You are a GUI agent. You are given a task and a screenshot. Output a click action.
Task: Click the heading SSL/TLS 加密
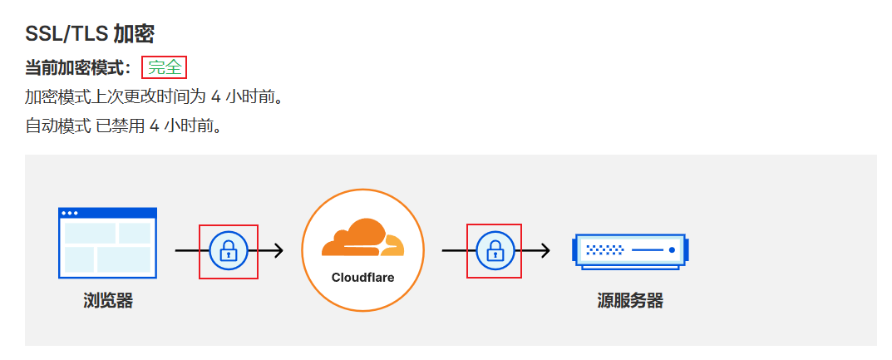pyautogui.click(x=90, y=34)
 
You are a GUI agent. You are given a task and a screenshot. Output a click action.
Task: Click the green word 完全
pyautogui.click(x=165, y=68)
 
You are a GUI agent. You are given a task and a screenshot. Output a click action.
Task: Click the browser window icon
pyautogui.click(x=107, y=243)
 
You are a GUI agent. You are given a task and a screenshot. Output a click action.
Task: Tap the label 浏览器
pyautogui.click(x=108, y=301)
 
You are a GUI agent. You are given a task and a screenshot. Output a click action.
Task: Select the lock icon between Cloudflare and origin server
pyautogui.click(x=495, y=250)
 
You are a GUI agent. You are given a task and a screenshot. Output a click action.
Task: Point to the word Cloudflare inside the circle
pyautogui.click(x=362, y=277)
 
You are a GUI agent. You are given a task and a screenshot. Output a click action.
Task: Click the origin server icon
pyautogui.click(x=630, y=249)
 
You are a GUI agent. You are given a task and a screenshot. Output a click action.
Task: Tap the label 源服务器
pyautogui.click(x=630, y=301)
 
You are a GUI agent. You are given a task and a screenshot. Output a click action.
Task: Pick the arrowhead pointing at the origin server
pyautogui.click(x=545, y=250)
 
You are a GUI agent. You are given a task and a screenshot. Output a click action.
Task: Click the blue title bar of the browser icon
pyautogui.click(x=107, y=213)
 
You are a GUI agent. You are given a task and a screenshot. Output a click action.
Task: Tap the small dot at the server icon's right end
pyautogui.click(x=672, y=249)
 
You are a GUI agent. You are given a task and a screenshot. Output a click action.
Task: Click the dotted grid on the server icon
pyautogui.click(x=604, y=249)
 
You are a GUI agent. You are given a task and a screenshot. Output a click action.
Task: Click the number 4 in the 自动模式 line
pyautogui.click(x=154, y=126)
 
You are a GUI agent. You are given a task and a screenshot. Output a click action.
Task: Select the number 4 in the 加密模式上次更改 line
pyautogui.click(x=216, y=97)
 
